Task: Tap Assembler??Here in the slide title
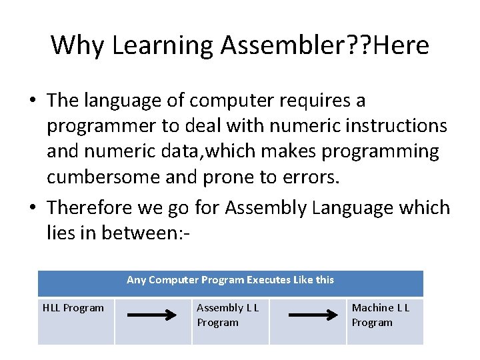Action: (325, 45)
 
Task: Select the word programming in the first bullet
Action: (380, 151)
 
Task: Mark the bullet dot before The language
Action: (33, 101)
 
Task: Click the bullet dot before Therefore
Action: (33, 208)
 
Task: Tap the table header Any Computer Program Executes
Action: (230, 280)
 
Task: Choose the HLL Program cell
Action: (73, 308)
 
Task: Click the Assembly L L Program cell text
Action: (227, 315)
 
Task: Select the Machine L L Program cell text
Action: (381, 315)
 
